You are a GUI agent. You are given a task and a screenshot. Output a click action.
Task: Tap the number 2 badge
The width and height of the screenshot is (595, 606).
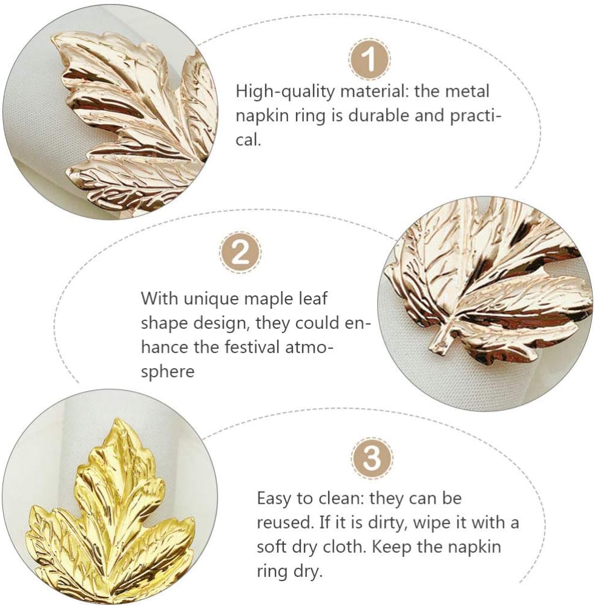[240, 252]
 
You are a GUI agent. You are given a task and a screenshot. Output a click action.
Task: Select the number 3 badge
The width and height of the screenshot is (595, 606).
[372, 458]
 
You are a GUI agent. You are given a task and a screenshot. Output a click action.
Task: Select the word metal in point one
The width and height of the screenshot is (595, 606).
[462, 93]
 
